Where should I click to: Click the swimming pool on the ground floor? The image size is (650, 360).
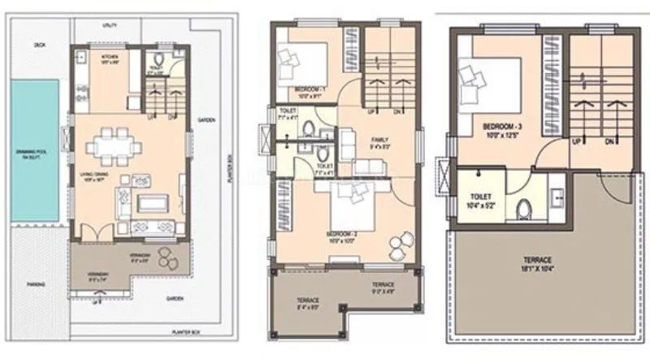[x=34, y=155]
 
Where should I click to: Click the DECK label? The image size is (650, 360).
[x=39, y=46]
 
